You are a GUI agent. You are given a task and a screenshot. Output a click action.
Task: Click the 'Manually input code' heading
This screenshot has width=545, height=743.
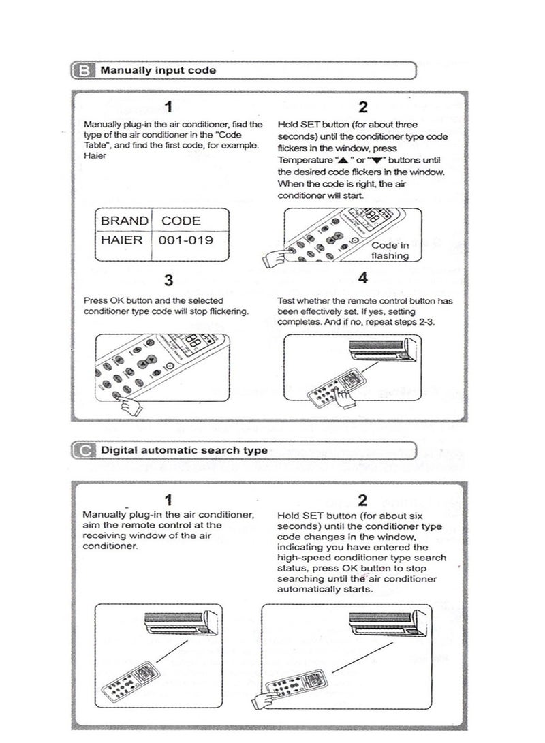[157, 69]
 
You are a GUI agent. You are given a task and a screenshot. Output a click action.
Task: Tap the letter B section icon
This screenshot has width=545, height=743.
[83, 69]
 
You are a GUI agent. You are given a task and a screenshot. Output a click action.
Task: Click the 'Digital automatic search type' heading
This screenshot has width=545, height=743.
[184, 449]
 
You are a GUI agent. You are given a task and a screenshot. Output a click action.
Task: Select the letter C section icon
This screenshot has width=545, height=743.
[83, 449]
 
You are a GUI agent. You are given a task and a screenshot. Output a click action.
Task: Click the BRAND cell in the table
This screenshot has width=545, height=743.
[124, 221]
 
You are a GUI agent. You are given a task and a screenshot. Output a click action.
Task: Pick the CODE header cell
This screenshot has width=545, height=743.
[181, 221]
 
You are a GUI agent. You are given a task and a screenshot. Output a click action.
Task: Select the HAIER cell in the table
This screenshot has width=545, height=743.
[123, 240]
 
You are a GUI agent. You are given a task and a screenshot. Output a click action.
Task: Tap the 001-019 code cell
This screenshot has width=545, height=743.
[185, 240]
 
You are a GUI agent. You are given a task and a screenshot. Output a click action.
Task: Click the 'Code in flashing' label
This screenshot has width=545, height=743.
[390, 251]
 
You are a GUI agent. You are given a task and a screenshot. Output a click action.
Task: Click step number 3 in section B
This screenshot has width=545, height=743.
[169, 280]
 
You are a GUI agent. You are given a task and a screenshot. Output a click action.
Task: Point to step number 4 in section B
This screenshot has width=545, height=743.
[362, 278]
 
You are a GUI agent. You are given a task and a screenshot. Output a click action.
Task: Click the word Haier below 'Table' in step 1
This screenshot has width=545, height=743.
[93, 155]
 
